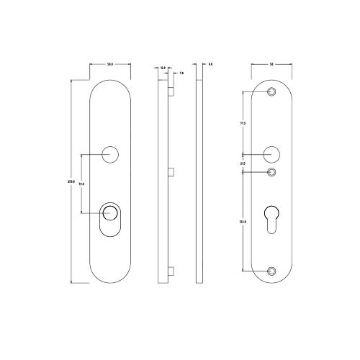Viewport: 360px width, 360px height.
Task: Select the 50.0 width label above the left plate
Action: (111, 65)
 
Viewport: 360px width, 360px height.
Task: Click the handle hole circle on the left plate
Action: (110, 153)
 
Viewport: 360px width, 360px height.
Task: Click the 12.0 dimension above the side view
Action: (163, 68)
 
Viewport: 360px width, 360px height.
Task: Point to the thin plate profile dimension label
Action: (210, 65)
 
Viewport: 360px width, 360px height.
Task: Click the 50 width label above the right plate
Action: (271, 65)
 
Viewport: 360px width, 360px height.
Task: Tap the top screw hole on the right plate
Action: (271, 92)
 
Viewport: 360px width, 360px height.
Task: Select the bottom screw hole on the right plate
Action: (271, 271)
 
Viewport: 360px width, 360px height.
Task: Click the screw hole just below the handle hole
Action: (271, 172)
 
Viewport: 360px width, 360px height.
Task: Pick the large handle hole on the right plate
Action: (271, 153)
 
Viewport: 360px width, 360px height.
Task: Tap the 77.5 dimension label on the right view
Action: (243, 124)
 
